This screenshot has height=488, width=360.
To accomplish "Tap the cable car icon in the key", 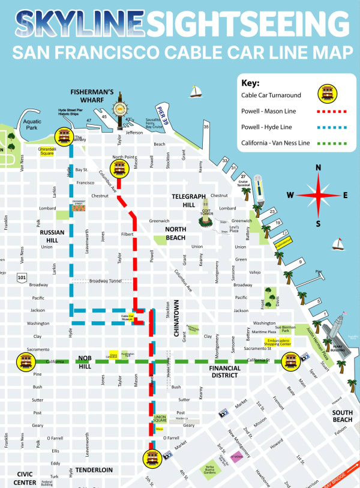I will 326,94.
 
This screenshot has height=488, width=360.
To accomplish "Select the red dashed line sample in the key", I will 326,111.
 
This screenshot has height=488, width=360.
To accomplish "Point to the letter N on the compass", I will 318,167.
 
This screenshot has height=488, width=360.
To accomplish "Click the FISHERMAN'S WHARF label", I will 92,96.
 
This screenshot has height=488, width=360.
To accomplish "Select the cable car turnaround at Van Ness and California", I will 25,361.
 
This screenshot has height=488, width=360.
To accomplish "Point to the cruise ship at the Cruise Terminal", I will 258,188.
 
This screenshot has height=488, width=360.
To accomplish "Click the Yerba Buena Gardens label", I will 210,470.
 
